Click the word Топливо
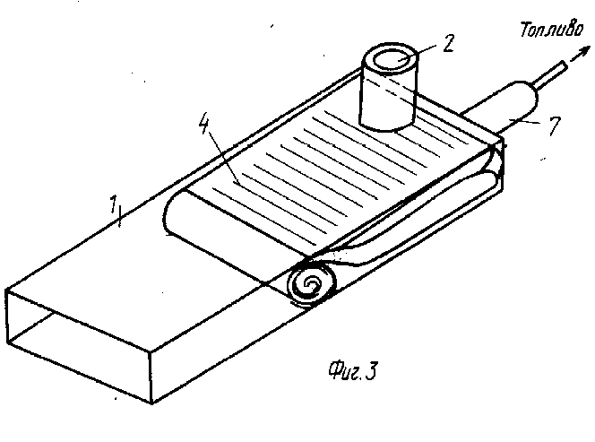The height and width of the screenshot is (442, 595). (552, 30)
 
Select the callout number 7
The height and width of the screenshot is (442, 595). (554, 126)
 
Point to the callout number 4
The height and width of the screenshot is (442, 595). (204, 123)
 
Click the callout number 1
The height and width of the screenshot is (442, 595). (113, 204)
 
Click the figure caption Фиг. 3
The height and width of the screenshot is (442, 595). (353, 370)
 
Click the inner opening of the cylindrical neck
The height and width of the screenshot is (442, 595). (391, 60)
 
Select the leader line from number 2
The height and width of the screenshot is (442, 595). (420, 52)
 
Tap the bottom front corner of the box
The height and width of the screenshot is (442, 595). (151, 403)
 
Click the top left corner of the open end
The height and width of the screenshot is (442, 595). (6, 290)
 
